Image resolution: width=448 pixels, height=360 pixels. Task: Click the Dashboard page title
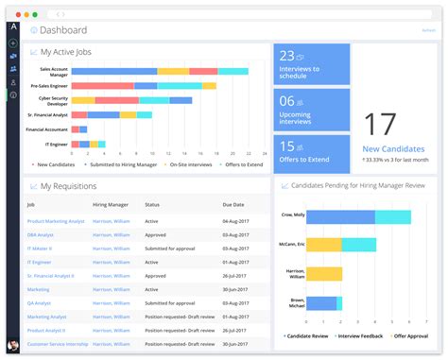64,30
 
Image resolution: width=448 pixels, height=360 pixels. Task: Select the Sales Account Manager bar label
53,71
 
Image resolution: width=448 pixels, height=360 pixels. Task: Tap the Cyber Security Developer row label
54,99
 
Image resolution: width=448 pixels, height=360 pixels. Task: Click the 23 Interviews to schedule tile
312,64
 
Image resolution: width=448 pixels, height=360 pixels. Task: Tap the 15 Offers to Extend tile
312,154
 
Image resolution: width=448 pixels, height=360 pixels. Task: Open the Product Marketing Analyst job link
56,220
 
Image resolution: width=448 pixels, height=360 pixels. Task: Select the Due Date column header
233,204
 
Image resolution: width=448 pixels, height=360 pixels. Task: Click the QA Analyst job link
40,303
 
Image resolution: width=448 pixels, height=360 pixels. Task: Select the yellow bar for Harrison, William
324,274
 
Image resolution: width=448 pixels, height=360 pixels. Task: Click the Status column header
152,204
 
